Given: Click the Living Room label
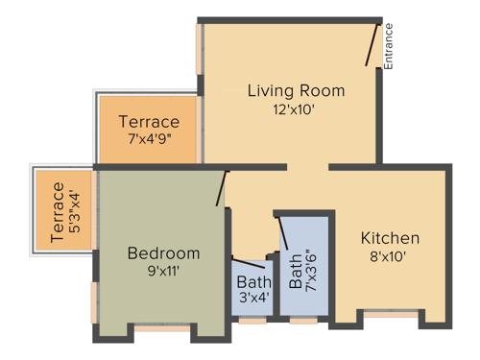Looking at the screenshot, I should coord(296,91).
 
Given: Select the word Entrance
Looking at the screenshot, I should coord(389,47).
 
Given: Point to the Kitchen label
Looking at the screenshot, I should coord(390,238).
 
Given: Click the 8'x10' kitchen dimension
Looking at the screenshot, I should coord(390,256).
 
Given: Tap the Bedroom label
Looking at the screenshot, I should coord(164,253).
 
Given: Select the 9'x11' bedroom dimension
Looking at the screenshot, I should coord(164,271).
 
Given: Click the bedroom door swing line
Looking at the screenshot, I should coord(222,188).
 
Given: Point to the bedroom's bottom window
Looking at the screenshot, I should coord(160,328).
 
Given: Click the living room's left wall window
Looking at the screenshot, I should coord(201,47).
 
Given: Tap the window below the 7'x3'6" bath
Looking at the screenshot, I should coord(304,320).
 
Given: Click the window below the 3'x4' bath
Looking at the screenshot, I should coord(252,320).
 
